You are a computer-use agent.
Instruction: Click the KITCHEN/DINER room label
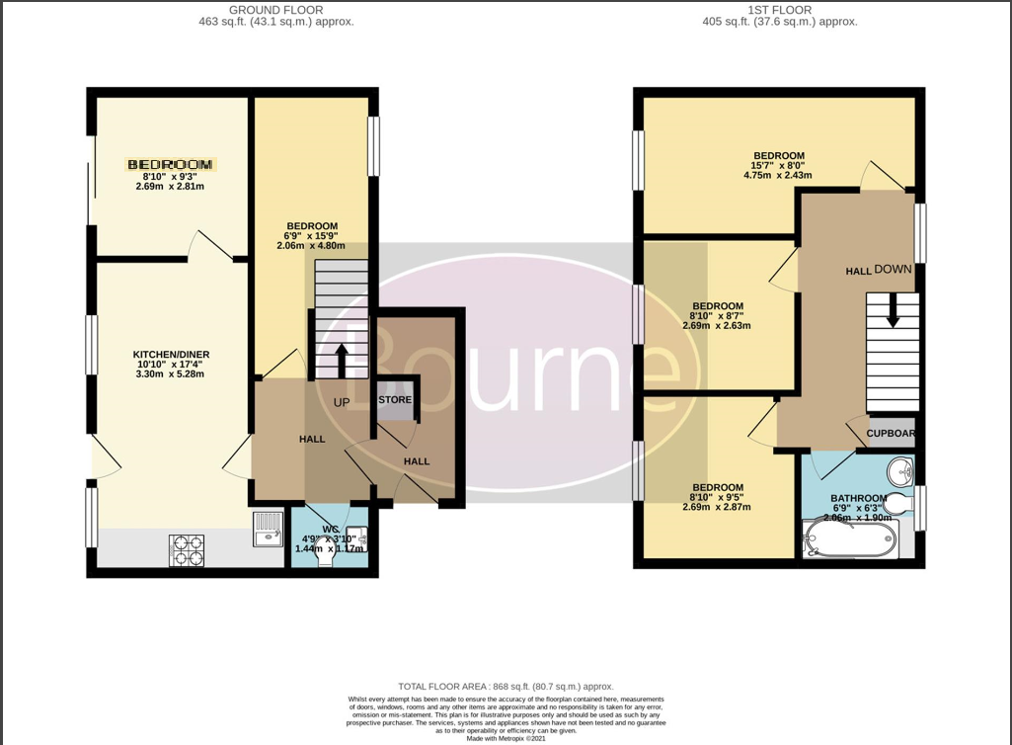[172, 355]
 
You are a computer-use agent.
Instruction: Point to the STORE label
[395, 400]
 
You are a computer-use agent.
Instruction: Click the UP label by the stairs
[342, 402]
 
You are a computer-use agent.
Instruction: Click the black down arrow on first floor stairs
[893, 313]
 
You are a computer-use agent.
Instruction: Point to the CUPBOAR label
[891, 433]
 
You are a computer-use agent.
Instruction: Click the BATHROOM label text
[858, 498]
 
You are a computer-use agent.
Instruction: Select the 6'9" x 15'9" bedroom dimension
[313, 236]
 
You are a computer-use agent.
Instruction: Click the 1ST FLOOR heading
[779, 10]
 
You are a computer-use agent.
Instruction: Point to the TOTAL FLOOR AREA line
[506, 686]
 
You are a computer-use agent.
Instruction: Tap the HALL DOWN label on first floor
[879, 270]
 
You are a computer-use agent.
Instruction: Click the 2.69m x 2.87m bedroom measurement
[717, 507]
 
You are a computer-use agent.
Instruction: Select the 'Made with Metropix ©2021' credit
[506, 738]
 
